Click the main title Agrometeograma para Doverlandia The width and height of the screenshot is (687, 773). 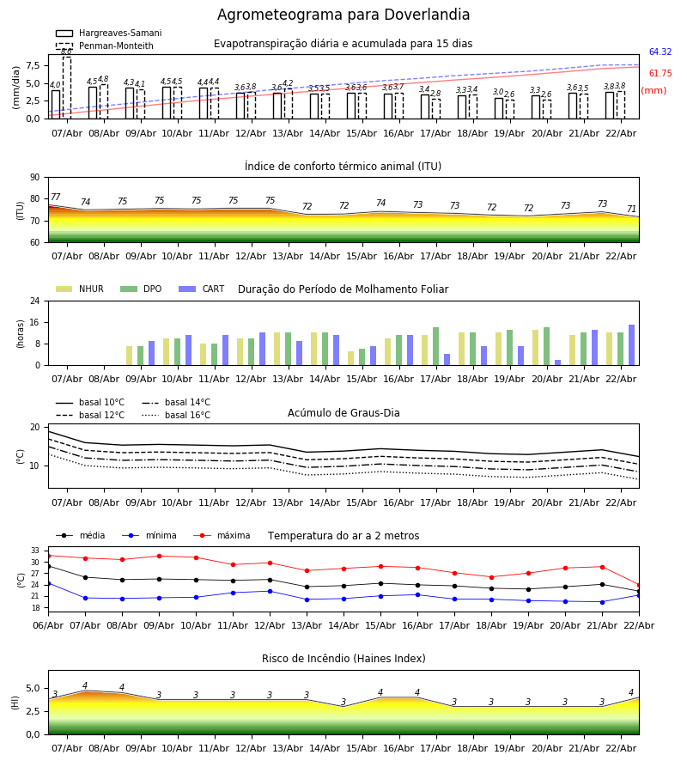(x=343, y=15)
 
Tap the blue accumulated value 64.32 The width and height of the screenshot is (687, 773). (x=660, y=52)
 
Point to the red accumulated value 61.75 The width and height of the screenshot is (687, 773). (x=660, y=74)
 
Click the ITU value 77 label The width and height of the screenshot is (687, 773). (x=56, y=198)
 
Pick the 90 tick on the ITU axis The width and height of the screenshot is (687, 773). (x=34, y=178)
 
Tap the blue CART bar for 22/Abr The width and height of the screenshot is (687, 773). (x=631, y=345)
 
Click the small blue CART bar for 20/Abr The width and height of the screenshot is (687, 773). (x=557, y=362)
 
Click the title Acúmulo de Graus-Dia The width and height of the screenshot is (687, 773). (x=343, y=413)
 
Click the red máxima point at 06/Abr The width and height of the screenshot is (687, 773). (x=48, y=556)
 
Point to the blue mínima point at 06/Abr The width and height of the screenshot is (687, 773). (x=48, y=583)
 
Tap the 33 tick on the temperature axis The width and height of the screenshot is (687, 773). (x=35, y=551)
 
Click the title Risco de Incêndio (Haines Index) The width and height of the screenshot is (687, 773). (x=343, y=659)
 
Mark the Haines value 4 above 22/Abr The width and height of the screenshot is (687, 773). (x=631, y=693)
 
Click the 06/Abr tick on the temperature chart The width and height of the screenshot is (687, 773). (x=48, y=624)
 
